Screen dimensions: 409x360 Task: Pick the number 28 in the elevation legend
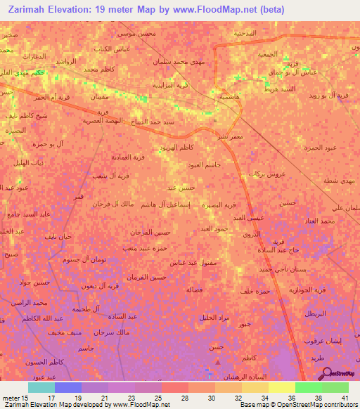pos(184,397)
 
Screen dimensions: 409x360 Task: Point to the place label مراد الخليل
pos(226,317)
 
